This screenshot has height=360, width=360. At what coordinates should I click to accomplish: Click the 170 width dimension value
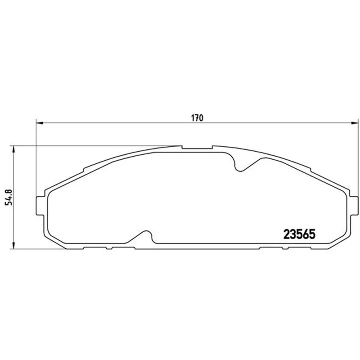point(197,118)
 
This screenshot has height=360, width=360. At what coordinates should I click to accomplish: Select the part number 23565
point(299,234)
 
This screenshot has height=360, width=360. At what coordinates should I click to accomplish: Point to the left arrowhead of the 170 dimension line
point(40,123)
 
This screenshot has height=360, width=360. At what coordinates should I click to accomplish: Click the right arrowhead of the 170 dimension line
point(355,123)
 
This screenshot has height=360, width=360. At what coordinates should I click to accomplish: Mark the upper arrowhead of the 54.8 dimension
point(13,149)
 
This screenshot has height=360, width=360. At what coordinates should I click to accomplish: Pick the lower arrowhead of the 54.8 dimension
point(13,245)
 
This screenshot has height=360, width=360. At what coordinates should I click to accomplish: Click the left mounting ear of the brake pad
point(40,206)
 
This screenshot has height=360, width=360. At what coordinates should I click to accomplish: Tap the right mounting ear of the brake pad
point(354,206)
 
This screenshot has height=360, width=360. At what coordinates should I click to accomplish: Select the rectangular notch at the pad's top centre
point(197,147)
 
